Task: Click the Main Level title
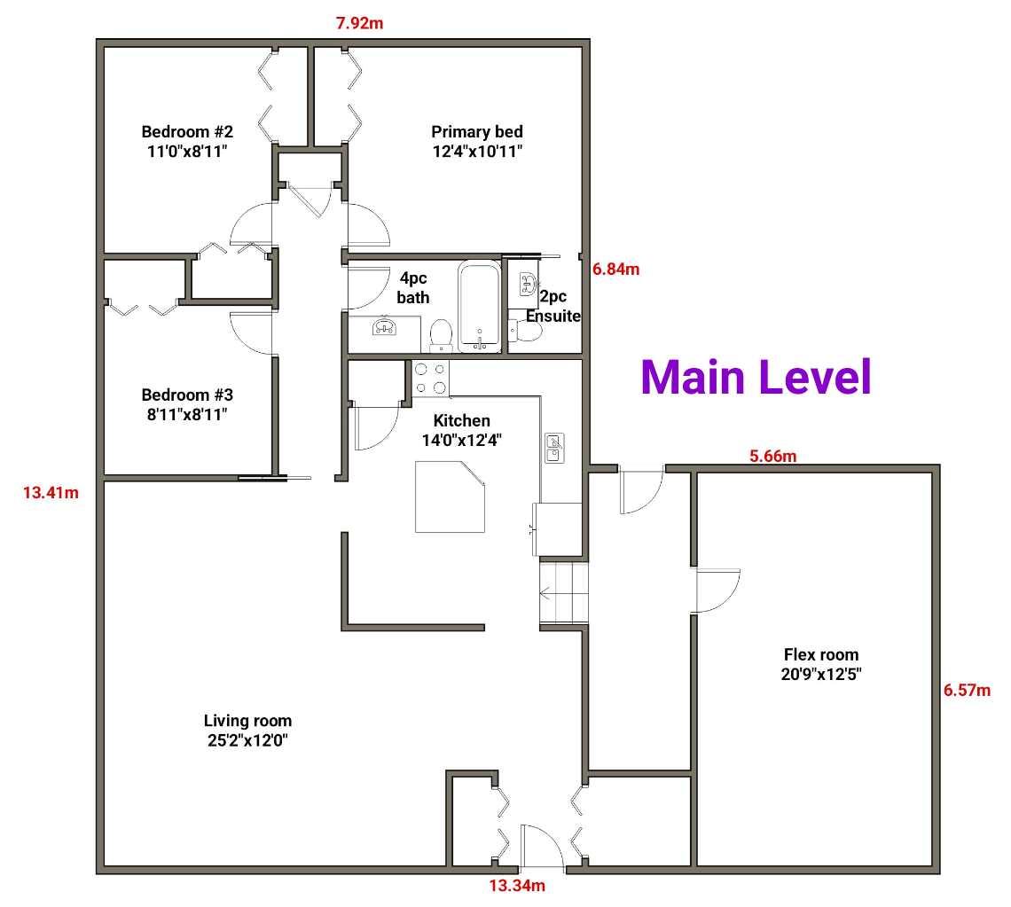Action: coord(756,377)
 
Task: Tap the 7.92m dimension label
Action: coord(359,23)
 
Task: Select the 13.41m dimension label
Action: coord(51,493)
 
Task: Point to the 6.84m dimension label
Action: coord(615,270)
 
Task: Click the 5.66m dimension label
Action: coord(772,457)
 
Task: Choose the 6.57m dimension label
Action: coord(967,690)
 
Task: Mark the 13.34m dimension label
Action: coord(517,885)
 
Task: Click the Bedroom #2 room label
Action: coord(187,141)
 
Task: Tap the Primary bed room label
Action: coord(477,141)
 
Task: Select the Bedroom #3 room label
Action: coord(187,403)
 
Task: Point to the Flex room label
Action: coord(821,664)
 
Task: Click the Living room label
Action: coord(247,730)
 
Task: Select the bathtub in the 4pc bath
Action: coord(480,307)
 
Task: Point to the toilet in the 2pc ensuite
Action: coord(527,331)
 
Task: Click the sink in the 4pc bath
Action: coord(384,328)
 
